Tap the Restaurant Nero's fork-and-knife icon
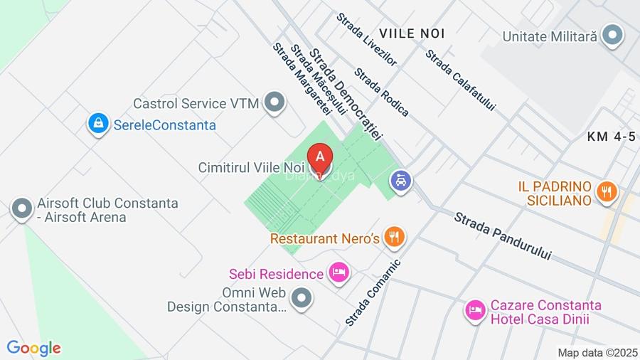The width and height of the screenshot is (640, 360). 394,237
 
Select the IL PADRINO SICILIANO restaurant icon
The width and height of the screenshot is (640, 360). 607,191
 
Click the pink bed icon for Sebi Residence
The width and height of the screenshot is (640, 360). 339,273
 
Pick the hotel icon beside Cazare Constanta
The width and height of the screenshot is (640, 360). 475,310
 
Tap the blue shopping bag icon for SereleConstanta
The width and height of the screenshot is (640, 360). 97,124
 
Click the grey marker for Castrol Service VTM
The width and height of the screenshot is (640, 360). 274,103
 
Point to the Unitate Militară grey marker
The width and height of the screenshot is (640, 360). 612,35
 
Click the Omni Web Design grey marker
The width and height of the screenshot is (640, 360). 302,298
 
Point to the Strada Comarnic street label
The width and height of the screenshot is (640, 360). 373,292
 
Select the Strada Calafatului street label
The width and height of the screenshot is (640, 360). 460,80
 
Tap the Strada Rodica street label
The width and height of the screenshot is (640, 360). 382,92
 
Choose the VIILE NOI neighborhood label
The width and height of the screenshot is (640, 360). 412,33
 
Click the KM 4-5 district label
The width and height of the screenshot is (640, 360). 612,137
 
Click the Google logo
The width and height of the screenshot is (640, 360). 33,348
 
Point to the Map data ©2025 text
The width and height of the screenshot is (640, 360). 597,352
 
